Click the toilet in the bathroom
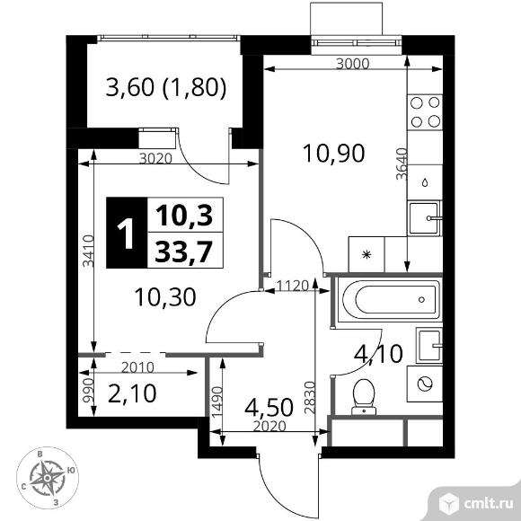click(364, 397)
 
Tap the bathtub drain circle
click(421, 300)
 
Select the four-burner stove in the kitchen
click(425, 112)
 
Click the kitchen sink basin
click(424, 218)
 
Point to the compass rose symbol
click(48, 478)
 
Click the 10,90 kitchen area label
click(334, 154)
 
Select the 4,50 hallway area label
click(269, 407)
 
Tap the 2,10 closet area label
click(132, 393)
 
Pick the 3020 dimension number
click(155, 159)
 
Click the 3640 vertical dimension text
click(402, 163)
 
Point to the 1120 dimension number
click(293, 286)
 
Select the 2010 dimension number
click(137, 367)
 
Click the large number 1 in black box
click(127, 234)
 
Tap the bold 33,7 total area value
click(184, 252)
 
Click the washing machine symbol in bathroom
click(425, 384)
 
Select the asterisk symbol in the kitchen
click(366, 255)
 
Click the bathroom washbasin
click(429, 346)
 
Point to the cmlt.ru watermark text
click(488, 504)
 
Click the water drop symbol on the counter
click(425, 182)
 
